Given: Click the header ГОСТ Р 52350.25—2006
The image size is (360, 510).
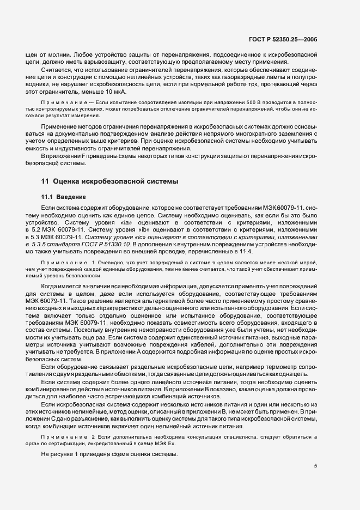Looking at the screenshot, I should [x=283, y=39].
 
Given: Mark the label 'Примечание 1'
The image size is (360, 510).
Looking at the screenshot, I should [x=62, y=263].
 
